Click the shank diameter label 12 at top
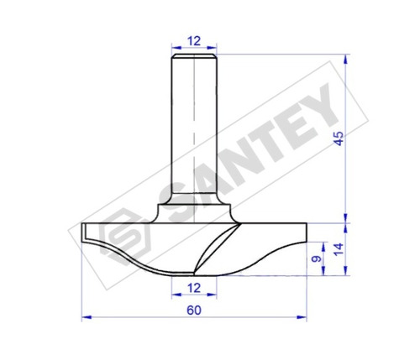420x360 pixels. point(194,41)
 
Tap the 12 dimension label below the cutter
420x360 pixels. point(194,288)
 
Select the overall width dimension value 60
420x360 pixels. point(194,310)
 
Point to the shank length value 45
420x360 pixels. point(339,138)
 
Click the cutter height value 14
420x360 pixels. point(339,249)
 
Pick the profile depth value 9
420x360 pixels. point(317,259)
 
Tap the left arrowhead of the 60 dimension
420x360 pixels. point(87,317)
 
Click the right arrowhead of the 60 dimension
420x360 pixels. point(302,317)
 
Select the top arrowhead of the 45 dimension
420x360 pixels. point(346,60)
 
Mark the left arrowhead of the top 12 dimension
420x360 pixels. point(176,47)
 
